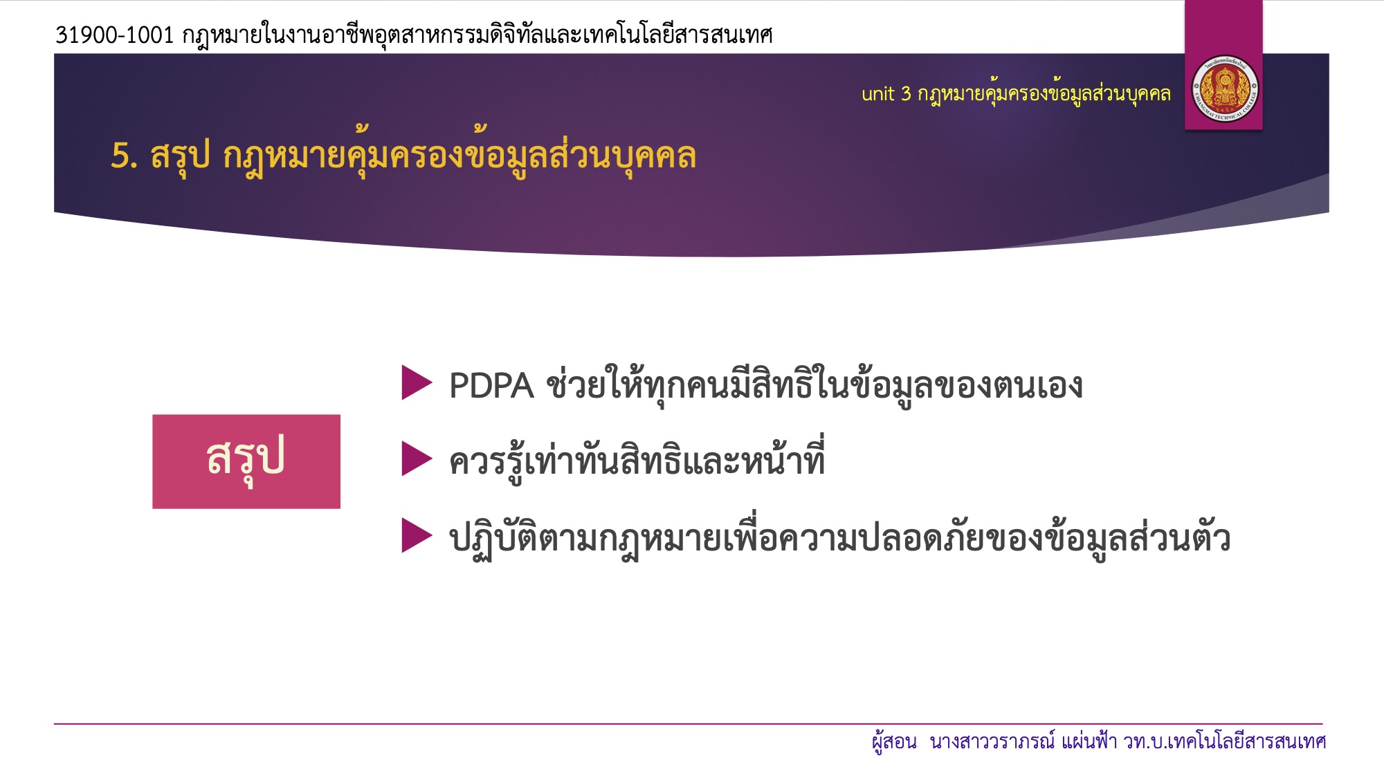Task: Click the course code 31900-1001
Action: click(x=114, y=35)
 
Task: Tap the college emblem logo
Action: click(x=1224, y=90)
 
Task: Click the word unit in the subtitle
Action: click(x=877, y=93)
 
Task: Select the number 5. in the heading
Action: click(x=125, y=155)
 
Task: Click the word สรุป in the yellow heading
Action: click(x=180, y=156)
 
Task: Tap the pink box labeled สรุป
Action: click(x=246, y=461)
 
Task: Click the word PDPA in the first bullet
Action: click(x=491, y=386)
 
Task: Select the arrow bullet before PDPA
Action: click(x=417, y=382)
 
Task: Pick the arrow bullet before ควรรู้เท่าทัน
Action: click(x=417, y=459)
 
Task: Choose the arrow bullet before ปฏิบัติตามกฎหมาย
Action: click(x=417, y=536)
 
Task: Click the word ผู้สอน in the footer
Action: click(x=894, y=742)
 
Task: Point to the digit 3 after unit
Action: click(x=906, y=93)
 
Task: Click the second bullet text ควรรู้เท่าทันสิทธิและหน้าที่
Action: click(x=637, y=460)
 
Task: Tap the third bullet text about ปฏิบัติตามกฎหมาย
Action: click(x=840, y=538)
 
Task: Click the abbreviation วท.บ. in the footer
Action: click(x=1145, y=742)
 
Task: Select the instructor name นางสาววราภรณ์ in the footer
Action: click(x=992, y=741)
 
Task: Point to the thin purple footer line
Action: click(x=689, y=723)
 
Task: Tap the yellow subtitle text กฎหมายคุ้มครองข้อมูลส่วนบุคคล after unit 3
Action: click(x=1044, y=94)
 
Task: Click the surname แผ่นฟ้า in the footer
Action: click(x=1089, y=741)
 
